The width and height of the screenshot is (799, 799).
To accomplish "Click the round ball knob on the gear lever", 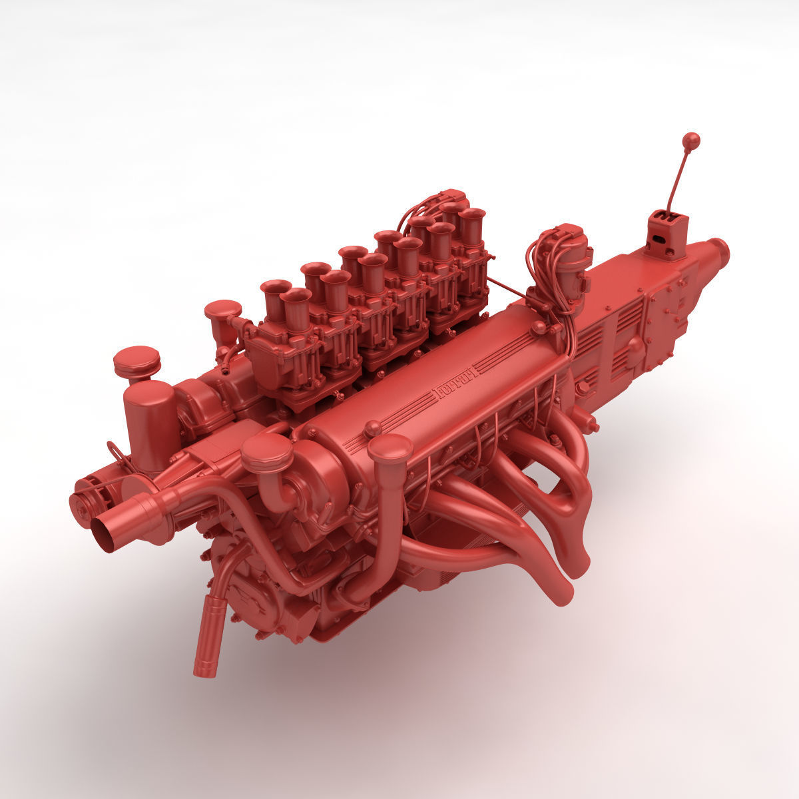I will [x=692, y=140].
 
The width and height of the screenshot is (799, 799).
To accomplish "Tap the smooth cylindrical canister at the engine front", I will [x=150, y=419].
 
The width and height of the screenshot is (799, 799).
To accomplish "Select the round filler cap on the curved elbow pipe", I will [x=267, y=453].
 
